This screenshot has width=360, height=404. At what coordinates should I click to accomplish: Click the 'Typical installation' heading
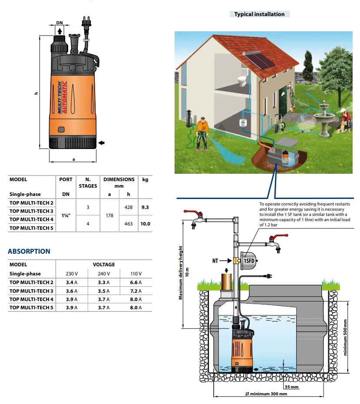click(x=259, y=14)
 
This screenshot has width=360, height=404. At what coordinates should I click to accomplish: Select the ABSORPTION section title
click(x=29, y=252)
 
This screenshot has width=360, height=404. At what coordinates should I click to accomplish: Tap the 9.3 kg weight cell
click(x=145, y=208)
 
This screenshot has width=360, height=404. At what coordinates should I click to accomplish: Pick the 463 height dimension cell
click(x=128, y=224)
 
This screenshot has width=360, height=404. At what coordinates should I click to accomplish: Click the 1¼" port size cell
click(x=66, y=216)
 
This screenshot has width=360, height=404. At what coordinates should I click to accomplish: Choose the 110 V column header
click(x=136, y=274)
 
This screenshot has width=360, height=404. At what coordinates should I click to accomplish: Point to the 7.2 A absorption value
click(x=136, y=291)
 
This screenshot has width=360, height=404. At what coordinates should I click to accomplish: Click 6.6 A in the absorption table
click(x=136, y=283)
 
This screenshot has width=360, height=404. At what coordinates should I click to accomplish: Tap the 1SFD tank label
click(x=248, y=261)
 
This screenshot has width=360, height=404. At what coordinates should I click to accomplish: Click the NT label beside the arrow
click(x=215, y=261)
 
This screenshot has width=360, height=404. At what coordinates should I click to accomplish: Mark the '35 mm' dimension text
click(x=291, y=387)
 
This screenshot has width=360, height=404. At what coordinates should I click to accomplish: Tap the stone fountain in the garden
click(x=325, y=119)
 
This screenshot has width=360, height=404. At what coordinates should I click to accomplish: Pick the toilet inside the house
click(x=241, y=80)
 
